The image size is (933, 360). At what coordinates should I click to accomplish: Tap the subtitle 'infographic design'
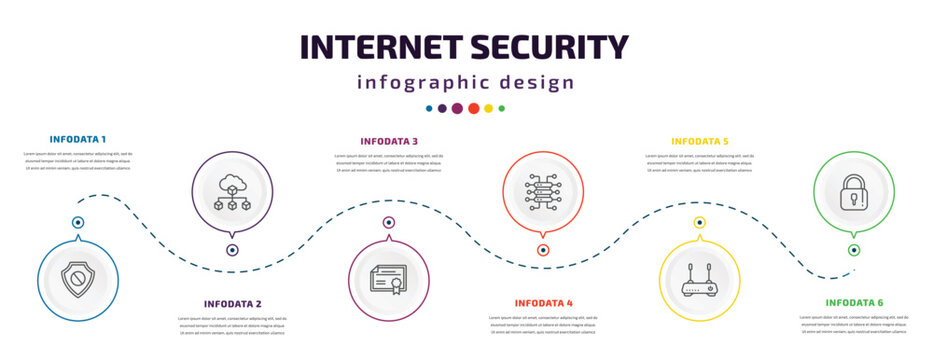click(x=466, y=82)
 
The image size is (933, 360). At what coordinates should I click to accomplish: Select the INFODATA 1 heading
click(x=78, y=138)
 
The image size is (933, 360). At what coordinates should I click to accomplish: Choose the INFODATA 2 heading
click(x=233, y=303)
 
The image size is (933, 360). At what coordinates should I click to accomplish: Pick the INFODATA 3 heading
click(x=389, y=141)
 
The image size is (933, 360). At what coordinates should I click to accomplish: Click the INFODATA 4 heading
click(x=544, y=302)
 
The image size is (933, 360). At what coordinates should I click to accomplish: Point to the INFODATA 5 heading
click(x=700, y=141)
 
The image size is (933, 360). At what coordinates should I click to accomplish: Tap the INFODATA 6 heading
click(x=854, y=302)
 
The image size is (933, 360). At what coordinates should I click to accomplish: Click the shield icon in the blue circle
click(x=77, y=280)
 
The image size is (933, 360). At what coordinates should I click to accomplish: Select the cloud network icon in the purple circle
click(x=232, y=190)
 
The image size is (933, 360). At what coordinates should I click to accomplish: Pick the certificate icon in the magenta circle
click(x=389, y=280)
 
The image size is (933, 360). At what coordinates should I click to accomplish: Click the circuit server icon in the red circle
click(x=544, y=190)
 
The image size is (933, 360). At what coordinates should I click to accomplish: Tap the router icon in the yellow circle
click(x=700, y=280)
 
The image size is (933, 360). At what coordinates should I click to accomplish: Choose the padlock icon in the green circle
click(x=853, y=190)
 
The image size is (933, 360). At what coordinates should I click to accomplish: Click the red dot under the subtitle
click(x=473, y=108)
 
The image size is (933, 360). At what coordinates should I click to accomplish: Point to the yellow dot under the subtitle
click(x=488, y=108)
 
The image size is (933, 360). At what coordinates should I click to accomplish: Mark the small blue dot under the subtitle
click(x=430, y=108)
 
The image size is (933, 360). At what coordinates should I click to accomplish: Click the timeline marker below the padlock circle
click(x=854, y=250)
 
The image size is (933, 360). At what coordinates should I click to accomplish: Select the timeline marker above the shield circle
click(x=77, y=222)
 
